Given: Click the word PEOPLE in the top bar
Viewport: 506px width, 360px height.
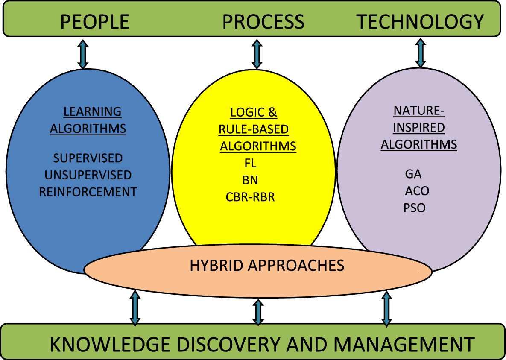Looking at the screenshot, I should pyautogui.click(x=94, y=22).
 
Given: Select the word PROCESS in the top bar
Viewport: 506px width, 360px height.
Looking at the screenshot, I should pyautogui.click(x=263, y=22).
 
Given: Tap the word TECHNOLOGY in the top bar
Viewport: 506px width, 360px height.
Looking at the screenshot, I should pyautogui.click(x=420, y=22).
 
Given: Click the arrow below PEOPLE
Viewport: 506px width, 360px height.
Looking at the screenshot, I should pyautogui.click(x=83, y=54).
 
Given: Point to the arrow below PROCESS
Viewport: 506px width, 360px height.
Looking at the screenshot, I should pyautogui.click(x=257, y=54).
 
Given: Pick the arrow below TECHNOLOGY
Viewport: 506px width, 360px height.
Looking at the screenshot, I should pyautogui.click(x=421, y=53).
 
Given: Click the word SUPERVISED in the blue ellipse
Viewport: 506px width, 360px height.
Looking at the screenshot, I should pyautogui.click(x=88, y=158).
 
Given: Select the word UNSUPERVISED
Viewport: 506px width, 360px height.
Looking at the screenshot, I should pyautogui.click(x=88, y=175).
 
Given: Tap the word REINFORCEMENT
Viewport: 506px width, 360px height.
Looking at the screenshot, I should pyautogui.click(x=88, y=192).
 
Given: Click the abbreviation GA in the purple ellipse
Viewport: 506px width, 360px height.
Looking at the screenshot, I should pyautogui.click(x=413, y=174).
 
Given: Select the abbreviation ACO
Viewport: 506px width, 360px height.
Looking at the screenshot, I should pyautogui.click(x=417, y=191).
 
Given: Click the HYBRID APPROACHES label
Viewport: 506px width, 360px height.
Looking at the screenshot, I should pyautogui.click(x=267, y=265).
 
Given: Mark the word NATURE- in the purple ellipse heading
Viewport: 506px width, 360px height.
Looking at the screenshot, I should pyautogui.click(x=419, y=111).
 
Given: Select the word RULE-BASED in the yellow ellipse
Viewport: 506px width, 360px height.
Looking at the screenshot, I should pyautogui.click(x=254, y=129).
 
